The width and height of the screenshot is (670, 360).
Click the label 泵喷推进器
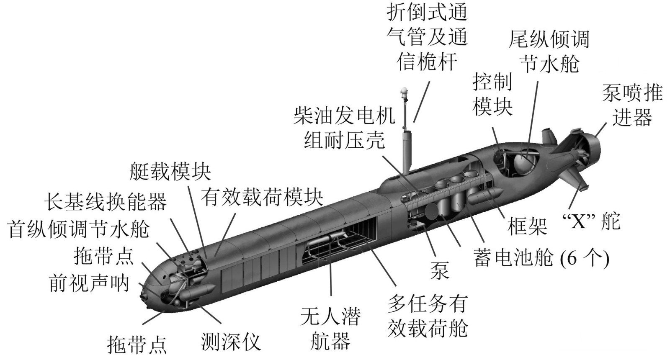(x=632, y=105)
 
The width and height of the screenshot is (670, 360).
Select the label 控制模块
(x=492, y=95)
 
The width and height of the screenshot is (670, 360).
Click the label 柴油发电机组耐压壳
(x=344, y=128)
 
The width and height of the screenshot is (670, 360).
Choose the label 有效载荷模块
(x=262, y=198)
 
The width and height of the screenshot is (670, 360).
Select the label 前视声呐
(x=89, y=283)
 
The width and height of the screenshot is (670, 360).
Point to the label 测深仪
(x=231, y=342)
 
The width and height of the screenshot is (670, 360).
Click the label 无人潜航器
(x=330, y=329)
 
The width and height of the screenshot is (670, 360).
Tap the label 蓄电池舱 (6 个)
(x=542, y=257)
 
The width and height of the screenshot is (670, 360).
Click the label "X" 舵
(x=591, y=221)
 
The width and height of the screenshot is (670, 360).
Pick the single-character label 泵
(x=440, y=270)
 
